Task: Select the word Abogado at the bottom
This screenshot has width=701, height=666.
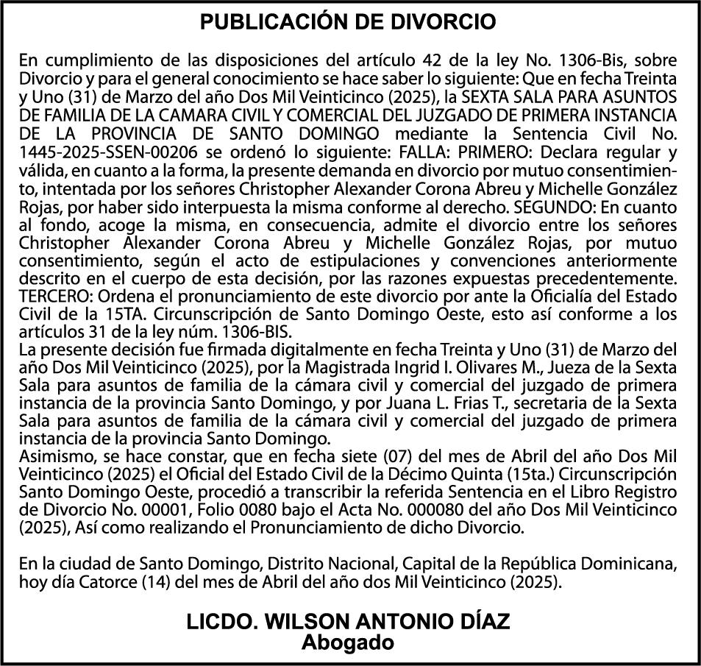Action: (348, 642)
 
